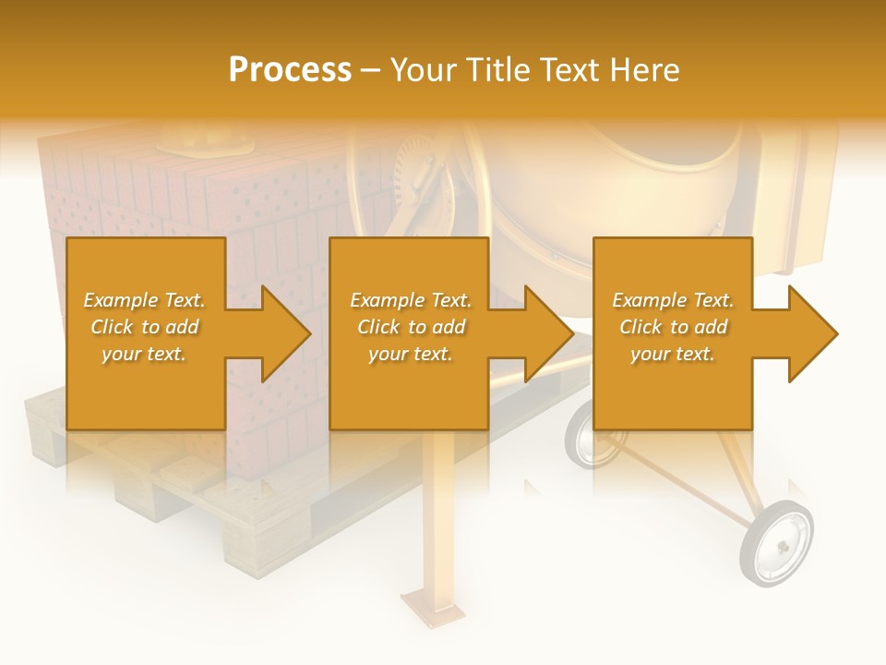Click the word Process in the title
[290, 70]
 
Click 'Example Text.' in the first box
[144, 300]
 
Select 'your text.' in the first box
[144, 354]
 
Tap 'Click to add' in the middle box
[411, 327]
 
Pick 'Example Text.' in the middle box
[411, 300]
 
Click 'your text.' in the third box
[673, 354]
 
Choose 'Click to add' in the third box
[673, 327]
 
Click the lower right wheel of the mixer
[777, 543]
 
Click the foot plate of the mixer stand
[431, 610]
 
